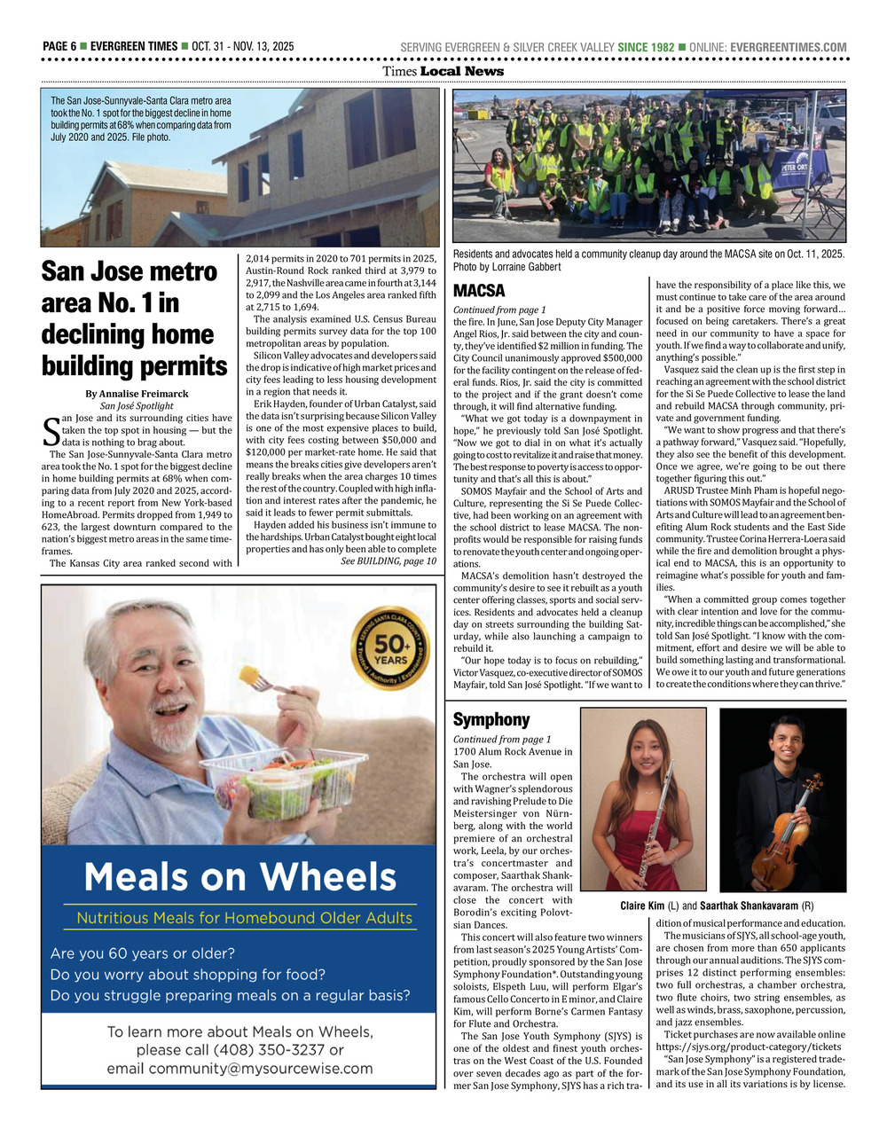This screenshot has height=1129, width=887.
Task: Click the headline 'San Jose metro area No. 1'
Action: (x=134, y=318)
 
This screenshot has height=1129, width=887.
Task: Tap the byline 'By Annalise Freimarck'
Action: (x=137, y=394)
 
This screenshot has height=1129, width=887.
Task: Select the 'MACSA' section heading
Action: (x=479, y=291)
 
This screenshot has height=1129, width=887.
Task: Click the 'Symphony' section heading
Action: (x=491, y=719)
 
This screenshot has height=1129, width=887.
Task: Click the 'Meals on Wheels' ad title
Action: (x=239, y=877)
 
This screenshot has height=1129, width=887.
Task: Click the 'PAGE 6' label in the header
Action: (x=59, y=47)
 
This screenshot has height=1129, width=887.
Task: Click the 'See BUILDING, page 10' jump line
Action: (x=388, y=561)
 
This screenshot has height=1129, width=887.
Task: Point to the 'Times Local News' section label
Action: (x=443, y=72)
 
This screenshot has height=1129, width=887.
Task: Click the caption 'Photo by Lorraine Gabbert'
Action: (x=506, y=267)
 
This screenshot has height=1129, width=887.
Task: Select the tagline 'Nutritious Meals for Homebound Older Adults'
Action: (x=244, y=918)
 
